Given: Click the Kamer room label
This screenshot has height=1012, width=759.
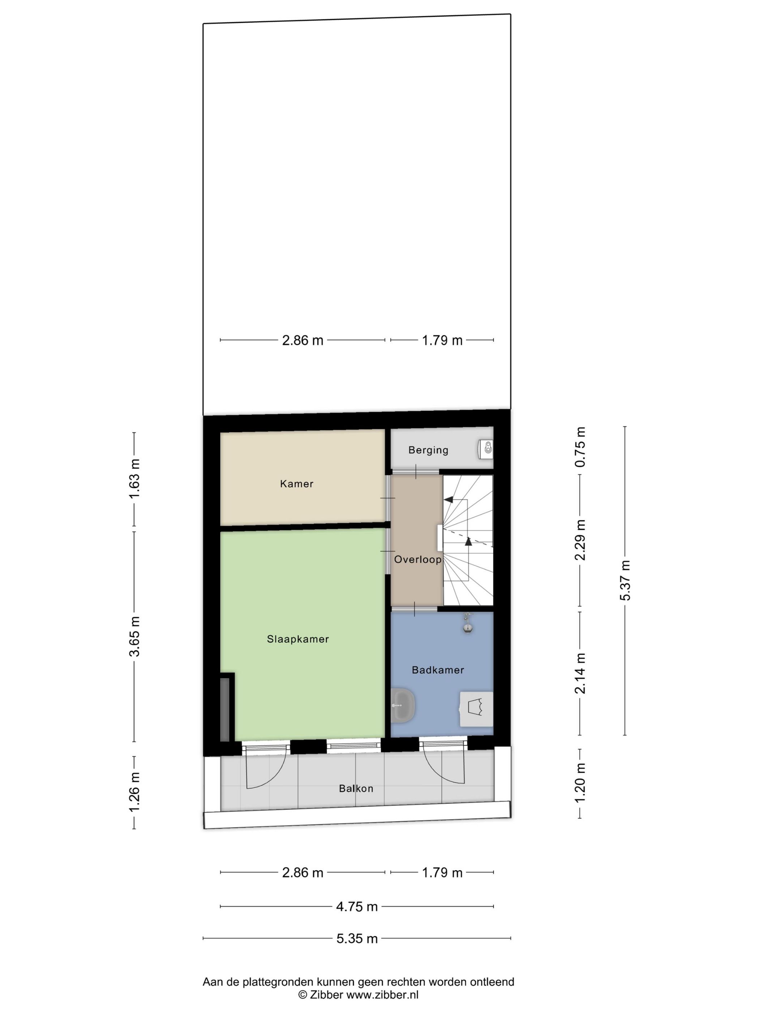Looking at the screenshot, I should coord(296,484).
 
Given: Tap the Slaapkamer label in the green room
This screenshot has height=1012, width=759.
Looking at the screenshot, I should coord(298,639).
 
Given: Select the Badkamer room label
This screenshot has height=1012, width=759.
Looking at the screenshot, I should coord(438,670).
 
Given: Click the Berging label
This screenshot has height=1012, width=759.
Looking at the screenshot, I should coord(428,450).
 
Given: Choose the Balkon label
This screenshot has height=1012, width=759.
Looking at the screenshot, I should coord(356,788).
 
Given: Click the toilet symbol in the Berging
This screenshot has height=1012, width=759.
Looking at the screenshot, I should coord(486,448).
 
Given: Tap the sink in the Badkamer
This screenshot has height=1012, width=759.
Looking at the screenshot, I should coord(403,706).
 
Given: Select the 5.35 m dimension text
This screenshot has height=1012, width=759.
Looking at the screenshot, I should coord(357,938).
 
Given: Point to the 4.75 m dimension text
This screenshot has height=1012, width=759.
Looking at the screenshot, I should coord(357,906).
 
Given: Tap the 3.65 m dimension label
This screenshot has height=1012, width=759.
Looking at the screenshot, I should coord(134,636).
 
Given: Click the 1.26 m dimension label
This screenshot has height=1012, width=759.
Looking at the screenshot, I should coord(134,792).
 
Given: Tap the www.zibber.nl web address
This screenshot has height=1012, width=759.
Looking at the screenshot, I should coord(382,994).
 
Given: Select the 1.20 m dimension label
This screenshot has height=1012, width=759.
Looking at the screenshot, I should coord(580,783).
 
